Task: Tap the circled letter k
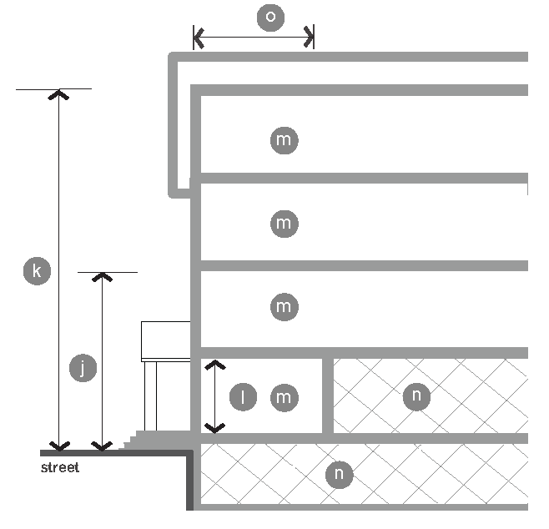36,271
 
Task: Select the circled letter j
82,368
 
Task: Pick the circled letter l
243,398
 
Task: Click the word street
60,468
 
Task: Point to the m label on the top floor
284,139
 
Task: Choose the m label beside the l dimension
284,397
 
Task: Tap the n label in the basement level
340,475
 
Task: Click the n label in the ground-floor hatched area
416,396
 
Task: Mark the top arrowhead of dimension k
58,93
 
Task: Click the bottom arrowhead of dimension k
58,445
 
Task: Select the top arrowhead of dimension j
102,276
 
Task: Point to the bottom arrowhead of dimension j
102,446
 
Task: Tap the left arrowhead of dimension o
198,37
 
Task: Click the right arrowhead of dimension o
310,37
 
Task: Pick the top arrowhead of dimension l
215,365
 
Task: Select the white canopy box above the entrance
166,340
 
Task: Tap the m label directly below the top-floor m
284,223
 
